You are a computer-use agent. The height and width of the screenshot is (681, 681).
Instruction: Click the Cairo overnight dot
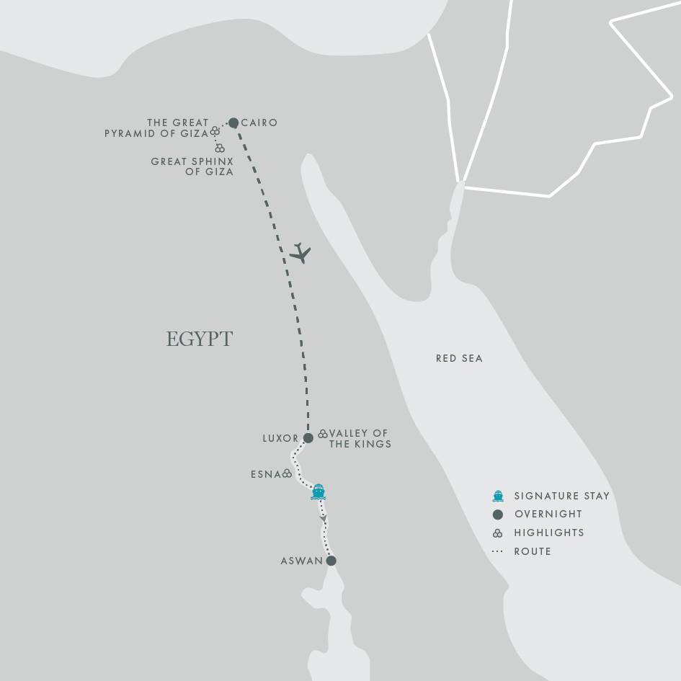[x=233, y=123]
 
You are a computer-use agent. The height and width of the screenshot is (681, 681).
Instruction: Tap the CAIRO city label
[x=259, y=123]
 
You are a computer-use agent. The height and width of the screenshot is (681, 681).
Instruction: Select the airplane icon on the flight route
[x=301, y=253]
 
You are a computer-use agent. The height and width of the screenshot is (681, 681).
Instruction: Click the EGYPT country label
[x=200, y=339]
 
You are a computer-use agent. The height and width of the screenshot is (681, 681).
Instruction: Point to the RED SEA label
[x=459, y=358]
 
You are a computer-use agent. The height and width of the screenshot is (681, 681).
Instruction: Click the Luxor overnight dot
[x=308, y=438]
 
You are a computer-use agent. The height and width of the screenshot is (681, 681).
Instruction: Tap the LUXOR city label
[x=280, y=438]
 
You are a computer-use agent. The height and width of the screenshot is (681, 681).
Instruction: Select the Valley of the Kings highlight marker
[x=323, y=434]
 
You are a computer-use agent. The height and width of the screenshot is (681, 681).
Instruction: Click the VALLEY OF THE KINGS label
[x=360, y=439]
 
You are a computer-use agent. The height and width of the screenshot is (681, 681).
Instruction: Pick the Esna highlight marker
[x=288, y=473]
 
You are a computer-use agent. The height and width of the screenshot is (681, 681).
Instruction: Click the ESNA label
[x=266, y=474]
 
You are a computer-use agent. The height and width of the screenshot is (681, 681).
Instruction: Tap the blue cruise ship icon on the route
[x=319, y=492]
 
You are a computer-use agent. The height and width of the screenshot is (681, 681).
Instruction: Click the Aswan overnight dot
[x=331, y=561]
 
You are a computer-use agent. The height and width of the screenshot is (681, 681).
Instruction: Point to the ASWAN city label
[x=301, y=561]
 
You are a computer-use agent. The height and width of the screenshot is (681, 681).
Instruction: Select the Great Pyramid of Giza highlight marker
[x=215, y=132]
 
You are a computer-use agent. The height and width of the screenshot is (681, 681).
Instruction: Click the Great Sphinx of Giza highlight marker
[x=220, y=148]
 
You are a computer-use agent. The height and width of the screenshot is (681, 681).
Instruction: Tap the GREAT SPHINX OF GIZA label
[x=192, y=166]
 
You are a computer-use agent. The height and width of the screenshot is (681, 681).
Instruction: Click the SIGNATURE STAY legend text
[x=561, y=496]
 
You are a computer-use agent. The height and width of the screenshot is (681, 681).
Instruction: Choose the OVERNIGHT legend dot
[x=497, y=515]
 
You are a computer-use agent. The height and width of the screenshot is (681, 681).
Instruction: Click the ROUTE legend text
[x=533, y=551]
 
